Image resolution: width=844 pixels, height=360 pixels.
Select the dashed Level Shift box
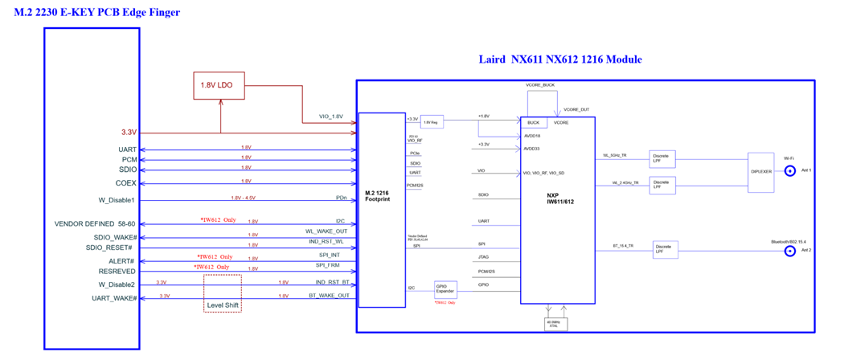click(222, 295)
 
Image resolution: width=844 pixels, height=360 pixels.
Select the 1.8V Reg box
click(432, 121)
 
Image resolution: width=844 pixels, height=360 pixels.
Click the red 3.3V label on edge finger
click(128, 133)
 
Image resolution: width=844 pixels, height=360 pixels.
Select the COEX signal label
click(127, 183)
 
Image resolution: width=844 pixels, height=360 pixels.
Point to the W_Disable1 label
click(116, 200)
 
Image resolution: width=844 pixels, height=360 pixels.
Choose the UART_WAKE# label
click(113, 298)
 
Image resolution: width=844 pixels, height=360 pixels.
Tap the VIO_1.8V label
click(330, 117)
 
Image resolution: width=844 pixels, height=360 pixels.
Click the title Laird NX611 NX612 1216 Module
click(559, 60)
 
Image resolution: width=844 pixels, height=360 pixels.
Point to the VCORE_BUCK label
click(540, 84)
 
